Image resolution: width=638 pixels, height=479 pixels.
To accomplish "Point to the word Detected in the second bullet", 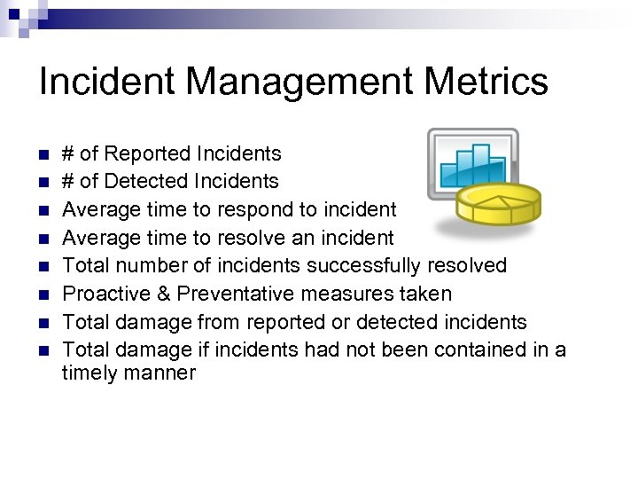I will point(144,181).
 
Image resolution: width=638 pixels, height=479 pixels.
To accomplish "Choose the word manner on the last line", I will point(159,373).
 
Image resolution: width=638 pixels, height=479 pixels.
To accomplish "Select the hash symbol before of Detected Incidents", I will point(68,181).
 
